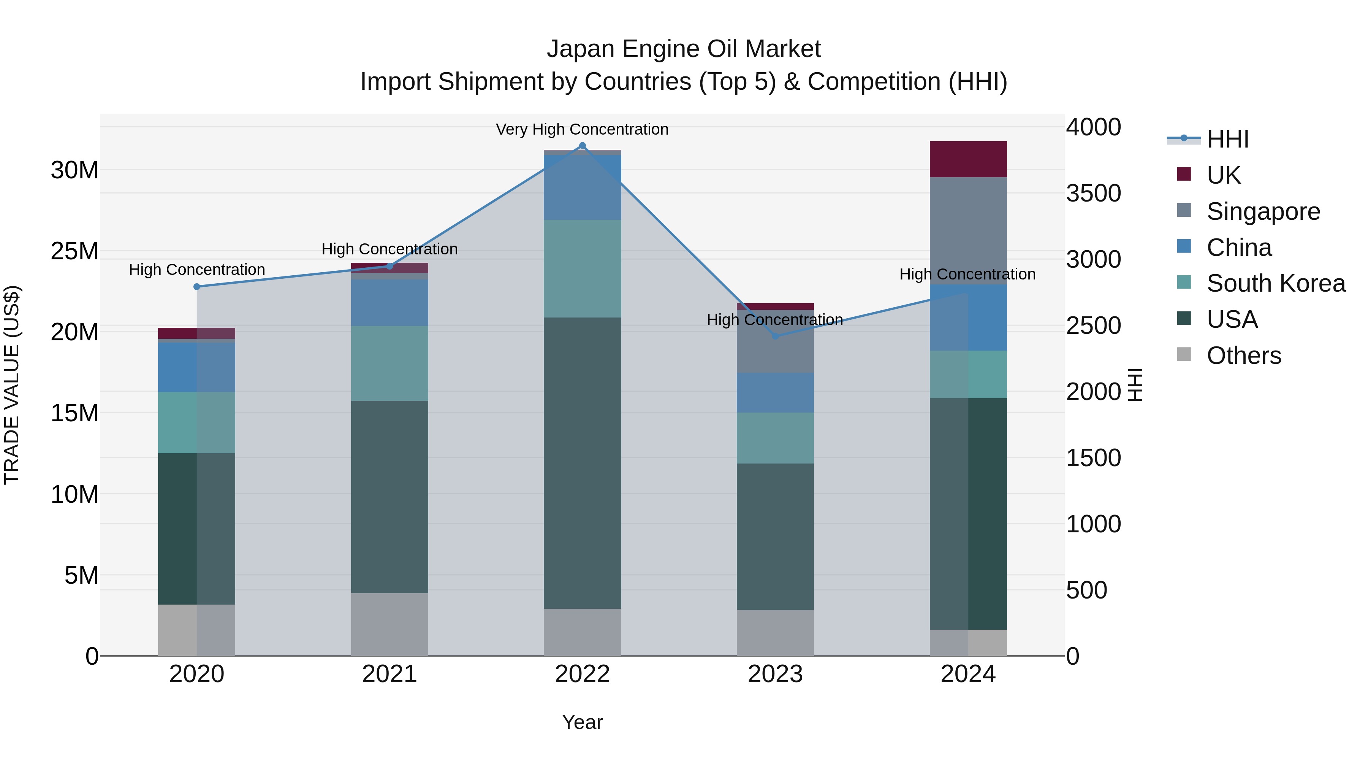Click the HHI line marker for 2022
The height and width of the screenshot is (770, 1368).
[x=582, y=146]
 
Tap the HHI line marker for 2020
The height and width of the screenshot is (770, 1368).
[x=196, y=286]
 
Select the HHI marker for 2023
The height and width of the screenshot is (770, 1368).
[x=775, y=336]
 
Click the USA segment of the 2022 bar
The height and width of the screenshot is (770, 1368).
[x=582, y=462]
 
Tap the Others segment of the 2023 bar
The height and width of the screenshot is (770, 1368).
[x=775, y=632]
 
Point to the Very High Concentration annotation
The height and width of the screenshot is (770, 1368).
[x=582, y=129]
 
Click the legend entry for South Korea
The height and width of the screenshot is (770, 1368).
[x=1275, y=283]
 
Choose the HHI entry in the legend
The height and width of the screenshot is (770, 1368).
[x=1227, y=139]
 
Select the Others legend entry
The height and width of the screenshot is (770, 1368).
[x=1243, y=356]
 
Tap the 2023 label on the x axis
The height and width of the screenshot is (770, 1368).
[x=775, y=674]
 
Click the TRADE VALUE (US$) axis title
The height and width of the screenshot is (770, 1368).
[x=12, y=385]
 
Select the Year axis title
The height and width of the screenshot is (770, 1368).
[x=582, y=722]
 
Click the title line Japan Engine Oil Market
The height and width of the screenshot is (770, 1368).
[x=684, y=49]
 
